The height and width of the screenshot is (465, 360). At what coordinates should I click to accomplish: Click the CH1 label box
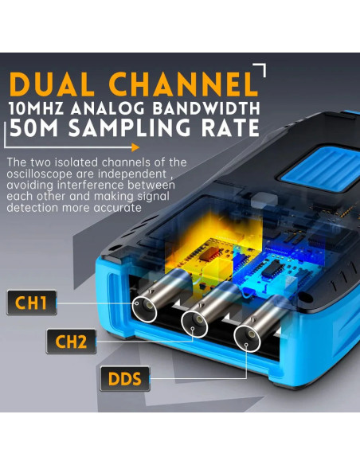[x=31, y=303]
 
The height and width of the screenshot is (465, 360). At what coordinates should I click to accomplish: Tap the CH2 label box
[x=71, y=342]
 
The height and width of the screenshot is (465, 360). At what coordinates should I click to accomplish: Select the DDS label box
[x=125, y=379]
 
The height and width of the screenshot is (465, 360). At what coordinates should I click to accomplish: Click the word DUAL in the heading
[x=52, y=84]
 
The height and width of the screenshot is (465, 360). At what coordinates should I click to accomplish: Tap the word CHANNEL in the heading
[x=183, y=84]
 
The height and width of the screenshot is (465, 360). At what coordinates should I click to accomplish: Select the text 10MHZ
[x=36, y=108]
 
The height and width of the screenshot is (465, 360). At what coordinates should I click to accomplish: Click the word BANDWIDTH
[x=206, y=108]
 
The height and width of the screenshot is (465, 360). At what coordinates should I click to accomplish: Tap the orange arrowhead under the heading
[x=135, y=147]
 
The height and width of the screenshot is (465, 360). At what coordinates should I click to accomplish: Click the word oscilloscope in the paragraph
[x=39, y=174]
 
